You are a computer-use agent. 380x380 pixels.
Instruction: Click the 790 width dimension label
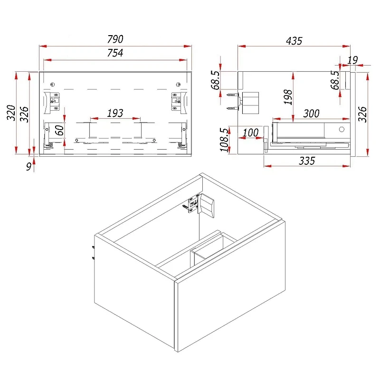115,39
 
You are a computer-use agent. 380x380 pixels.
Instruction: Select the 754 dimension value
115,53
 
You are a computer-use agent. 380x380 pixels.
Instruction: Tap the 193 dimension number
115,113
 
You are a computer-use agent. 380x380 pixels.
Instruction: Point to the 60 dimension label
59,130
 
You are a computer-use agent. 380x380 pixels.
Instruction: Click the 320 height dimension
11,113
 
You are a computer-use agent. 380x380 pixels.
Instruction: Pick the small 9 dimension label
28,167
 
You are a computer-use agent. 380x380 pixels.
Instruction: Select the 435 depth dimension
294,41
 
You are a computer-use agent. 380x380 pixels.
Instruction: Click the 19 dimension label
352,60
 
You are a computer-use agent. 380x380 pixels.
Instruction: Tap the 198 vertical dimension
288,97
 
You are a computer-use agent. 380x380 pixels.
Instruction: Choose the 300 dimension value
311,114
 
